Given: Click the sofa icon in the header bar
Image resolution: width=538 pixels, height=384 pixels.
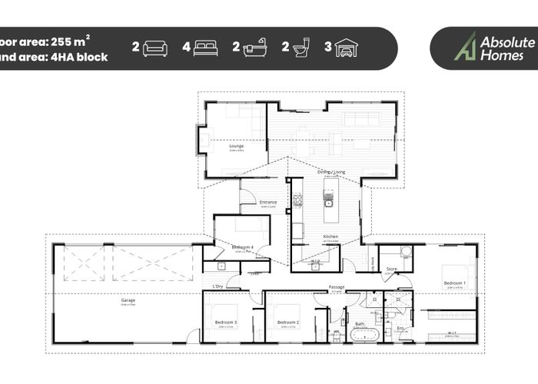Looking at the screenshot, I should (x=155, y=48).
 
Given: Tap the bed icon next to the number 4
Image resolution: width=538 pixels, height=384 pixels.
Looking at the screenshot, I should (x=205, y=48).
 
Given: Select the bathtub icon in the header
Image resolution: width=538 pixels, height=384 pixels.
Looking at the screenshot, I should (x=255, y=48).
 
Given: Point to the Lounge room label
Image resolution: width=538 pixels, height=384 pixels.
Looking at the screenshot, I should (x=236, y=144).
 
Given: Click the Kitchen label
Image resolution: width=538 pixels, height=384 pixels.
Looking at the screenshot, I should (x=330, y=236).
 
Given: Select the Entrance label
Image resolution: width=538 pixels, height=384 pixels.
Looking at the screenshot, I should (x=267, y=202).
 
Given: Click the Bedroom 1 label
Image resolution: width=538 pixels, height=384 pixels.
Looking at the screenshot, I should (x=454, y=283).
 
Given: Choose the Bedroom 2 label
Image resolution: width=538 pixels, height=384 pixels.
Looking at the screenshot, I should (x=287, y=322).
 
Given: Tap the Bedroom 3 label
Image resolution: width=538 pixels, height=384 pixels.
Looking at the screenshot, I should (x=225, y=322).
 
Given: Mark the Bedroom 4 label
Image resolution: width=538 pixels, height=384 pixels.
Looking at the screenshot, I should (x=243, y=247).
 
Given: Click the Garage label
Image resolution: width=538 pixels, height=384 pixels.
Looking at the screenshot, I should (x=128, y=300).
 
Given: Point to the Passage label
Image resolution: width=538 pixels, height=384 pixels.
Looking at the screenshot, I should (x=336, y=287).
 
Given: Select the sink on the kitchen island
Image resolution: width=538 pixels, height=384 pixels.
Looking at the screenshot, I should (x=328, y=204).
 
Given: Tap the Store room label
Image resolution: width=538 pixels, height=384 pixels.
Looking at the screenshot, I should (x=391, y=269).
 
